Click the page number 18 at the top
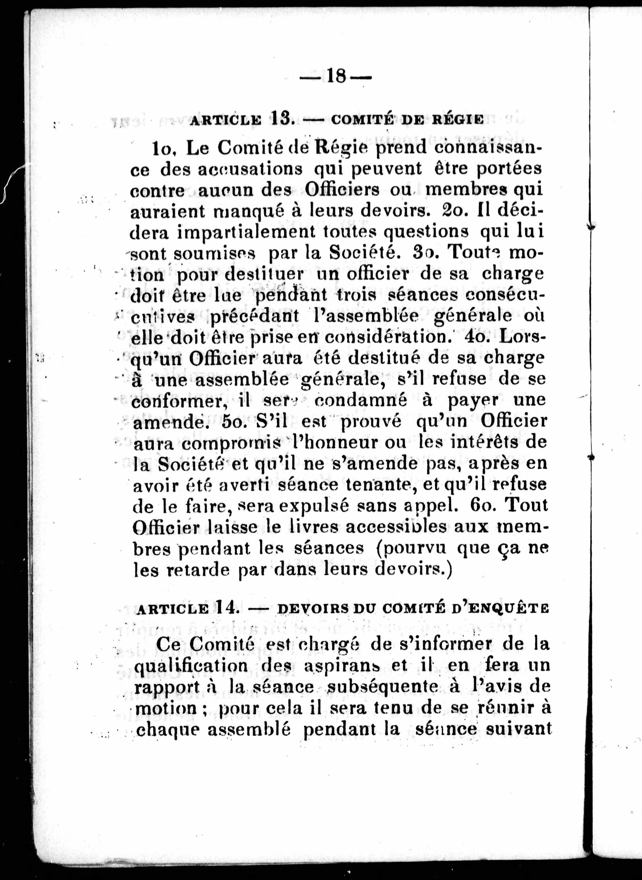coord(337,76)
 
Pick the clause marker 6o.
coord(482,505)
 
